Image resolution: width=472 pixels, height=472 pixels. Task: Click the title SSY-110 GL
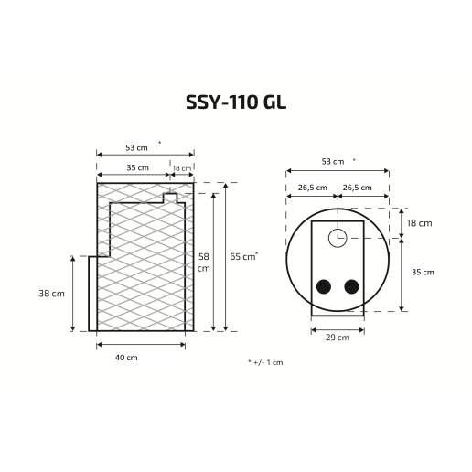[236, 102]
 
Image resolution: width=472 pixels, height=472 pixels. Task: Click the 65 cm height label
[242, 257]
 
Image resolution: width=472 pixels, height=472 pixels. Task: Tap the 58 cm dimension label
[204, 263]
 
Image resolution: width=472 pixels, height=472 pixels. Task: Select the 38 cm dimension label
[51, 294]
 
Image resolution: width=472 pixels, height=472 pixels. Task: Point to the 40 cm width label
[126, 358]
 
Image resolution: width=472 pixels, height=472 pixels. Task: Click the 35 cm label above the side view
[137, 167]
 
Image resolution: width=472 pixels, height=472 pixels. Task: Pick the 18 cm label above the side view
[182, 168]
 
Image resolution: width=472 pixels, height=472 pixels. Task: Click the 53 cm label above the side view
[136, 147]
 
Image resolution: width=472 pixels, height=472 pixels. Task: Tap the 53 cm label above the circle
[333, 161]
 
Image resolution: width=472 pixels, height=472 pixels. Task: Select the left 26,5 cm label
[312, 188]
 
